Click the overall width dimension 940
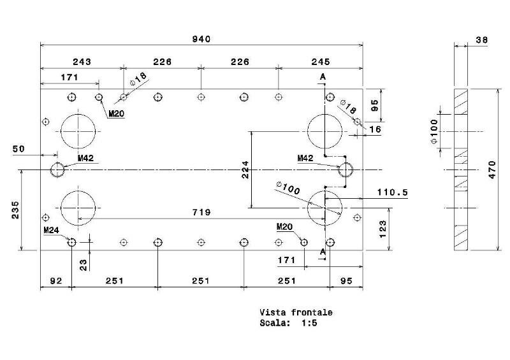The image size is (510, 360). pos(201,40)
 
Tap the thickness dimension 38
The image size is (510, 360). pos(482,40)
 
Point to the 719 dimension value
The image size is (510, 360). pos(203,212)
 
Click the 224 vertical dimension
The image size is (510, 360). pos(245,169)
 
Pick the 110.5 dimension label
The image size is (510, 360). pos(392,192)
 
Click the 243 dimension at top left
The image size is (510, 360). pos(82,62)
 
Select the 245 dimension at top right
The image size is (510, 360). pos(321,62)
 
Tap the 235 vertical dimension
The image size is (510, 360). pos(15,210)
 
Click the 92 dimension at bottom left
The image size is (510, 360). pos(55,280)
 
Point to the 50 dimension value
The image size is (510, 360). pos(18,148)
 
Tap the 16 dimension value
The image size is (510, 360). pos(374,129)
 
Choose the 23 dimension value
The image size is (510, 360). pos(84,264)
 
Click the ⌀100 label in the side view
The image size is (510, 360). pos(434,131)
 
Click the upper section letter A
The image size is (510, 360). pos(323,76)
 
